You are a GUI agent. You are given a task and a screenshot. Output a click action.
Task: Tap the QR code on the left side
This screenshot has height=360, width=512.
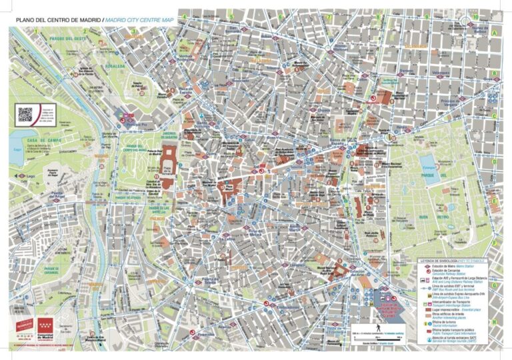coord(25,114)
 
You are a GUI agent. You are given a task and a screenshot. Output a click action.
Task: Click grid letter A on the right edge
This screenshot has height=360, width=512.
coord(495,31)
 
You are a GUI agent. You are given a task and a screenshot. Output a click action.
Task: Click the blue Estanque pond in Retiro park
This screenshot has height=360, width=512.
coord(428,162)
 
